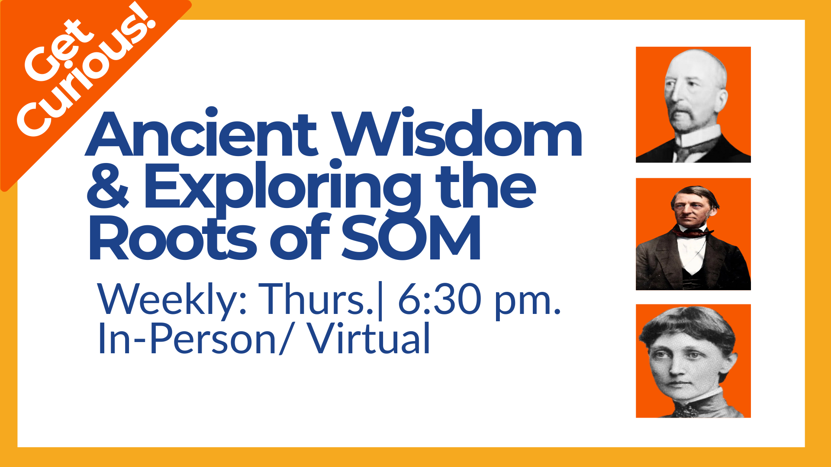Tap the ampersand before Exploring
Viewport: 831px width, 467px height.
pos(108,186)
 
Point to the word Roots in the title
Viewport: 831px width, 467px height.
pos(173,237)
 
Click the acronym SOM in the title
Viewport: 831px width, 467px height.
pos(411,237)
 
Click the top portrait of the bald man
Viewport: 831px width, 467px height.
pos(693,105)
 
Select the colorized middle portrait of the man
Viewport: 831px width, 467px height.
pos(693,234)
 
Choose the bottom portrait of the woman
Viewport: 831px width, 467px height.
pos(693,361)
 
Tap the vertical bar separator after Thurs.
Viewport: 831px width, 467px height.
pos(380,301)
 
